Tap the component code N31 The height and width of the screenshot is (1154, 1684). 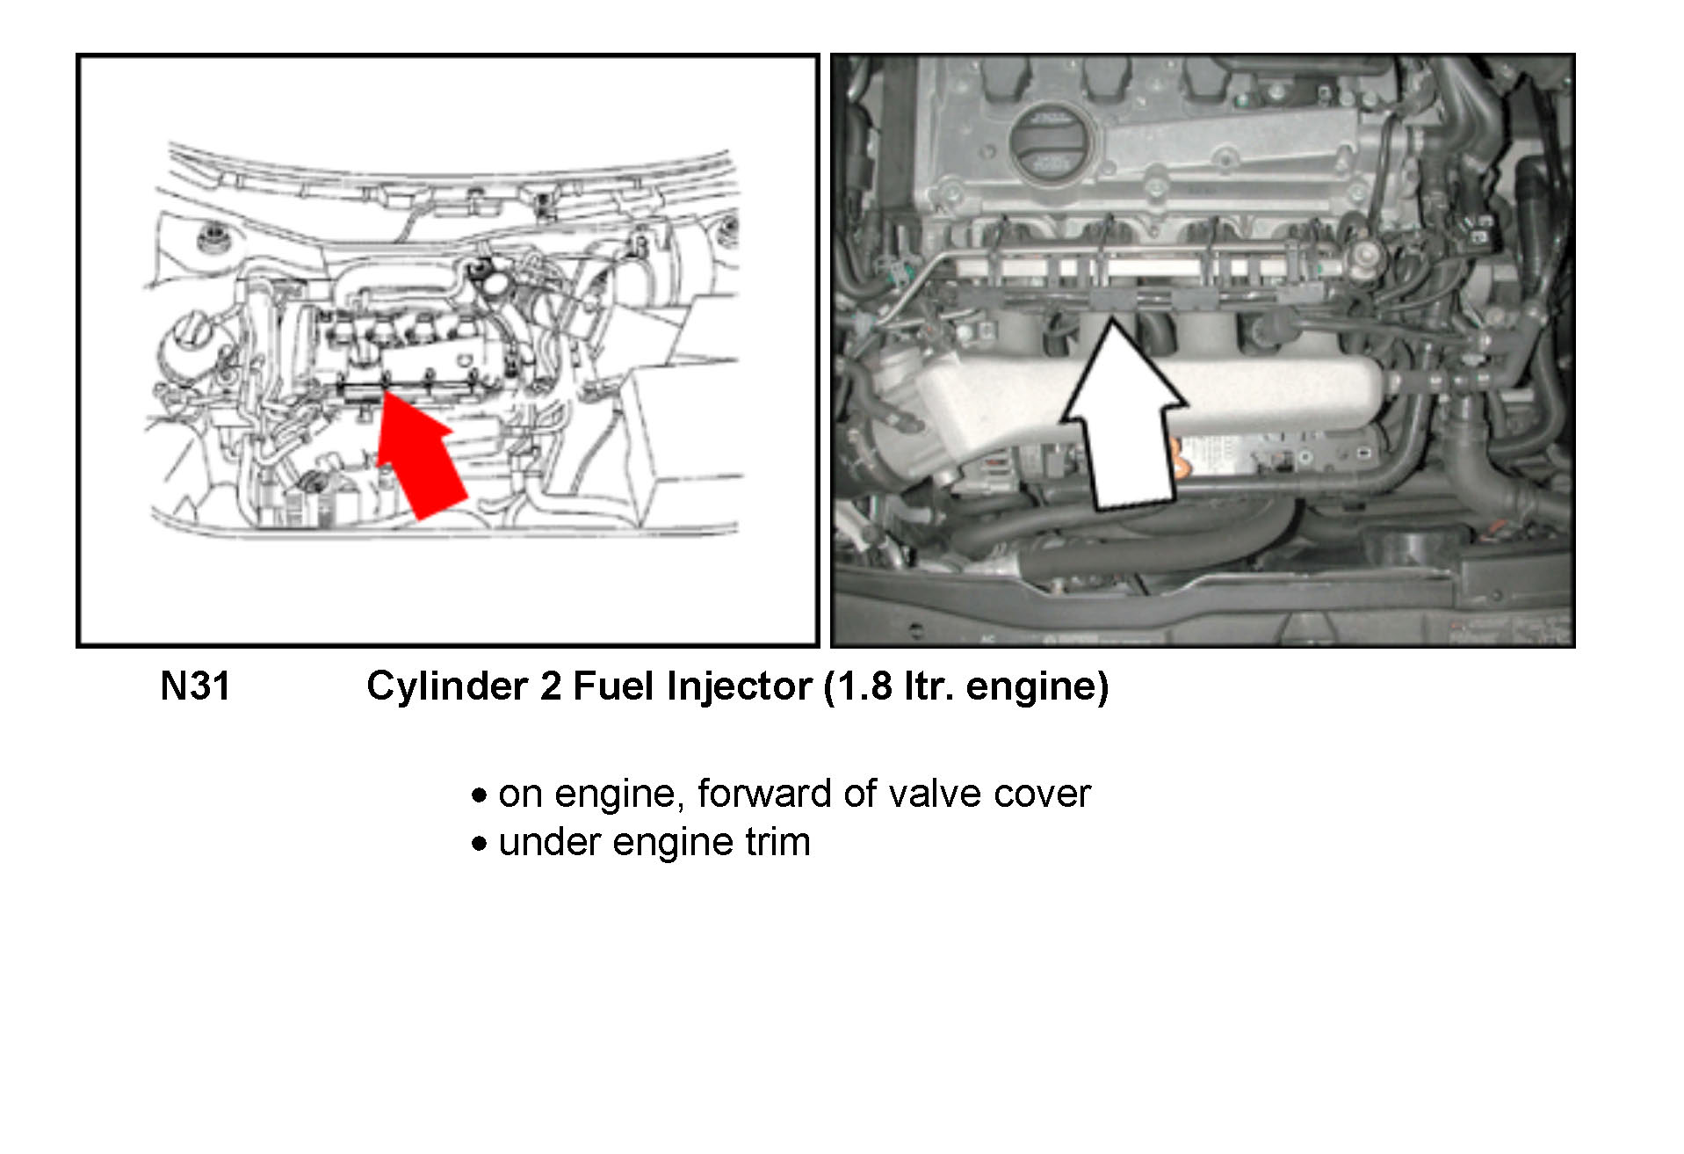pyautogui.click(x=195, y=686)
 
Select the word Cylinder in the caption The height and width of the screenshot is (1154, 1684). pyautogui.click(x=447, y=686)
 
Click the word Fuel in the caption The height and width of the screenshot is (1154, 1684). pyautogui.click(x=613, y=686)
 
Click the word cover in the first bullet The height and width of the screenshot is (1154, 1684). pyautogui.click(x=1042, y=794)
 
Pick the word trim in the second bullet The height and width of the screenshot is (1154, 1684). pyautogui.click(x=777, y=842)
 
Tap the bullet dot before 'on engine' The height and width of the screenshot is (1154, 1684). pyautogui.click(x=479, y=796)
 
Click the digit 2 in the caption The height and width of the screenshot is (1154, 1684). pyautogui.click(x=551, y=686)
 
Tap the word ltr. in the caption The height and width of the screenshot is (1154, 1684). pyautogui.click(x=930, y=686)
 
